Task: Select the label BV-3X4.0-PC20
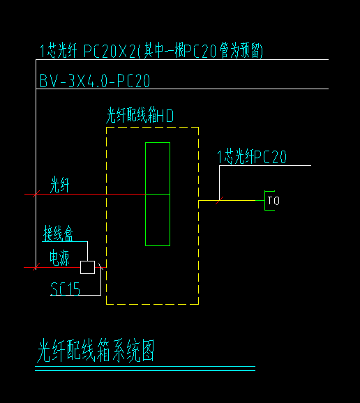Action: [95, 81]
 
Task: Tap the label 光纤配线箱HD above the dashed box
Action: [140, 116]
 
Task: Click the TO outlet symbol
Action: [272, 201]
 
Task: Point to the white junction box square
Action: [87, 267]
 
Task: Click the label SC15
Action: [65, 289]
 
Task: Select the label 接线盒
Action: [58, 234]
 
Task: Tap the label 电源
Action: [59, 257]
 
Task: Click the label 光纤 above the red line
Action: [60, 185]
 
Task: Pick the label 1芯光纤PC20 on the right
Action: [252, 156]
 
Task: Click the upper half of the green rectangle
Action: [158, 168]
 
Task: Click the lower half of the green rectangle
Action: [158, 220]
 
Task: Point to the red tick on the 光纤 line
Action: [36, 194]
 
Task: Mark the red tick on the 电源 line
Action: [36, 267]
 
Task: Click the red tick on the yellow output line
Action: [219, 201]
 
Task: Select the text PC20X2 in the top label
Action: [110, 51]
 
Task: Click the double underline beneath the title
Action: [145, 368]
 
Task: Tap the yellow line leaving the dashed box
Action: [232, 201]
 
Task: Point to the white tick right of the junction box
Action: [100, 267]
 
